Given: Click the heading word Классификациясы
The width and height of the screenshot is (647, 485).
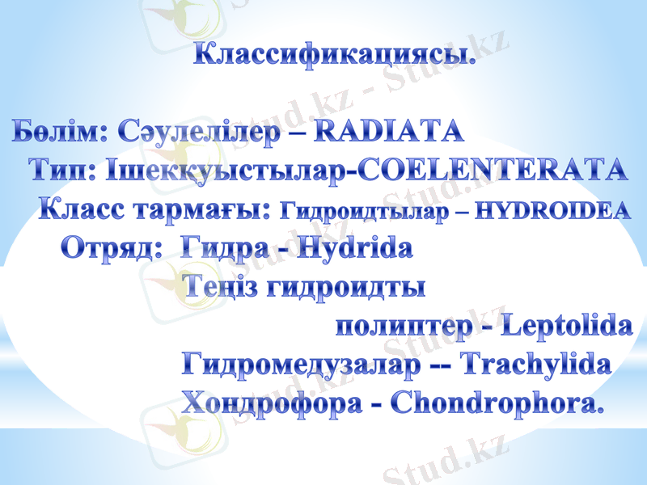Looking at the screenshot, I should click(333, 57).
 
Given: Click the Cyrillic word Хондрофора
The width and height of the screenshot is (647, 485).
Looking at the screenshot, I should click(271, 403).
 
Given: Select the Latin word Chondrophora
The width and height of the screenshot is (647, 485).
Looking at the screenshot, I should click(497, 403).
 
